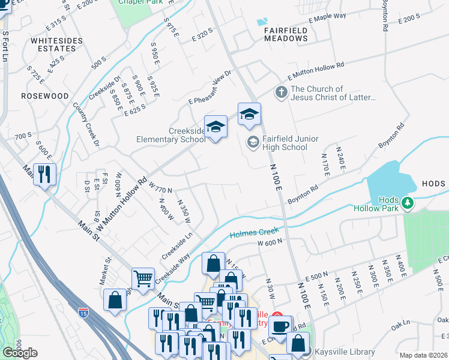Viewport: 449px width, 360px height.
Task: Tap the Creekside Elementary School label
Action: coord(171,135)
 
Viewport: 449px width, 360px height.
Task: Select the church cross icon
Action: coord(280,93)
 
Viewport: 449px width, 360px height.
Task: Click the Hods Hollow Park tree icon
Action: coord(408,203)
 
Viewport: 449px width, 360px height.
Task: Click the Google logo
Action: coord(20,352)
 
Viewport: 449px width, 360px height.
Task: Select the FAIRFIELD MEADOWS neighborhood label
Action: coord(286,34)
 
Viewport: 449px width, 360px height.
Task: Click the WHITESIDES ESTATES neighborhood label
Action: coord(53,46)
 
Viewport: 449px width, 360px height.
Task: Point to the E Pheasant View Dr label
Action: coord(209,89)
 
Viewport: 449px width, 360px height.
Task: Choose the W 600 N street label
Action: coord(270,242)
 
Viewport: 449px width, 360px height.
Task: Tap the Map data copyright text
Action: coord(423,355)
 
